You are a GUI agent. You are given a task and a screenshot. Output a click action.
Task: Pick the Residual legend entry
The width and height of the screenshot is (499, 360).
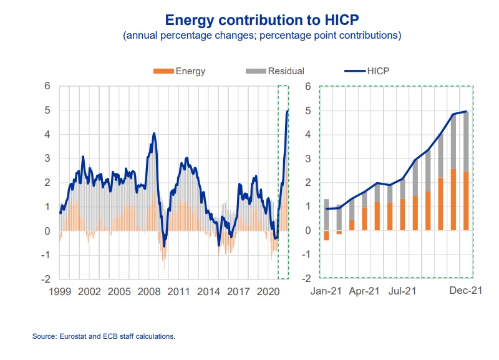[x=277, y=71]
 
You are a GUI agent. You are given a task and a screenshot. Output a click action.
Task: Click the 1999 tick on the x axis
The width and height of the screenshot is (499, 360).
[x=60, y=291]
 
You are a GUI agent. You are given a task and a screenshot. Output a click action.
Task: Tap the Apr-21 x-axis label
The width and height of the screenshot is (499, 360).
[x=364, y=291]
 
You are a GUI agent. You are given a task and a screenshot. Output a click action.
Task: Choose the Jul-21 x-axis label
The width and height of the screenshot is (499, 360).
[x=402, y=291]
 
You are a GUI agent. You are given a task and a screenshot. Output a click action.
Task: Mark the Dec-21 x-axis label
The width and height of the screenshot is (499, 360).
[x=465, y=291]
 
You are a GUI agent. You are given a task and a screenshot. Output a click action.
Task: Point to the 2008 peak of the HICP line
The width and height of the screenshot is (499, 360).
[x=154, y=133]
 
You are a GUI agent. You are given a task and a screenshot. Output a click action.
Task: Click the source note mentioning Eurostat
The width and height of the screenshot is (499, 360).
[x=104, y=336]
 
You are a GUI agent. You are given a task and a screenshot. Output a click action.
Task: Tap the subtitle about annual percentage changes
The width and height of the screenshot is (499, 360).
[x=262, y=36]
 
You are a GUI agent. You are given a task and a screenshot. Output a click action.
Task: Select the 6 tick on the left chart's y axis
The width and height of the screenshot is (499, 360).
[x=46, y=85]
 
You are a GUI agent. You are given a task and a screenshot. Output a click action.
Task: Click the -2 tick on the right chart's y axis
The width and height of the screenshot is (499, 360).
[x=306, y=279]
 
